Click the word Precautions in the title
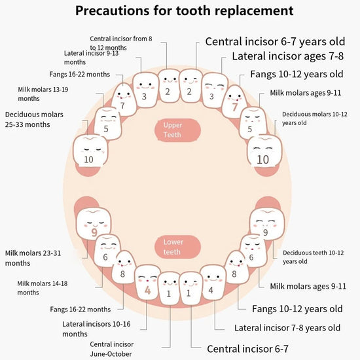pyautogui.click(x=113, y=10)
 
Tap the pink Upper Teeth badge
pyautogui.click(x=177, y=130)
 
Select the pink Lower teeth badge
pyautogui.click(x=177, y=247)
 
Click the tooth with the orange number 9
pyautogui.click(x=94, y=224)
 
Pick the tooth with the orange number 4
pyautogui.click(x=147, y=282)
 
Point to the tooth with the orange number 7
pyautogui.click(x=234, y=101)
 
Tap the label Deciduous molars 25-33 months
pyautogui.click(x=34, y=119)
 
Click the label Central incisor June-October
pyautogui.click(x=111, y=349)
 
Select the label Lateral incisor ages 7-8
pyautogui.click(x=288, y=56)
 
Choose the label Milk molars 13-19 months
pyautogui.click(x=43, y=94)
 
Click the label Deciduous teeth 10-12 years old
pyautogui.click(x=313, y=257)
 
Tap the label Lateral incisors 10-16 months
pyautogui.click(x=96, y=329)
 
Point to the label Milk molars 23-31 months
pyautogui.click(x=33, y=258)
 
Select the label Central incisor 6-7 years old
pyautogui.click(x=275, y=41)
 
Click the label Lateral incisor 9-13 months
pyautogui.click(x=91, y=58)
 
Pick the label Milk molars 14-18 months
pyautogui.click(x=43, y=288)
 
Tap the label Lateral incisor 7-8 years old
pyautogui.click(x=287, y=328)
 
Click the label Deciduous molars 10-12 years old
pyautogui.click(x=315, y=118)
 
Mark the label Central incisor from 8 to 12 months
pyautogui.click(x=121, y=43)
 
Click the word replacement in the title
pyautogui.click(x=253, y=10)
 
